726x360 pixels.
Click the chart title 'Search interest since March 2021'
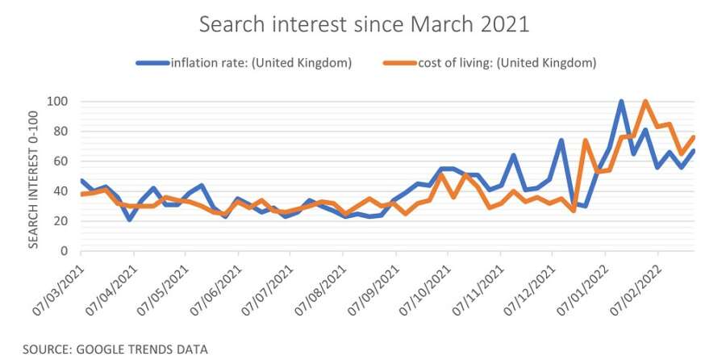click(x=365, y=24)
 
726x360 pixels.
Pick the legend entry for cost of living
click(x=497, y=63)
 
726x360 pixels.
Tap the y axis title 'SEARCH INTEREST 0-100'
click(x=35, y=175)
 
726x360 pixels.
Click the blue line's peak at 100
click(x=621, y=102)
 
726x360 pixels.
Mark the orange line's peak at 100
click(x=645, y=102)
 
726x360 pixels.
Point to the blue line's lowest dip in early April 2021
click(x=130, y=220)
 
